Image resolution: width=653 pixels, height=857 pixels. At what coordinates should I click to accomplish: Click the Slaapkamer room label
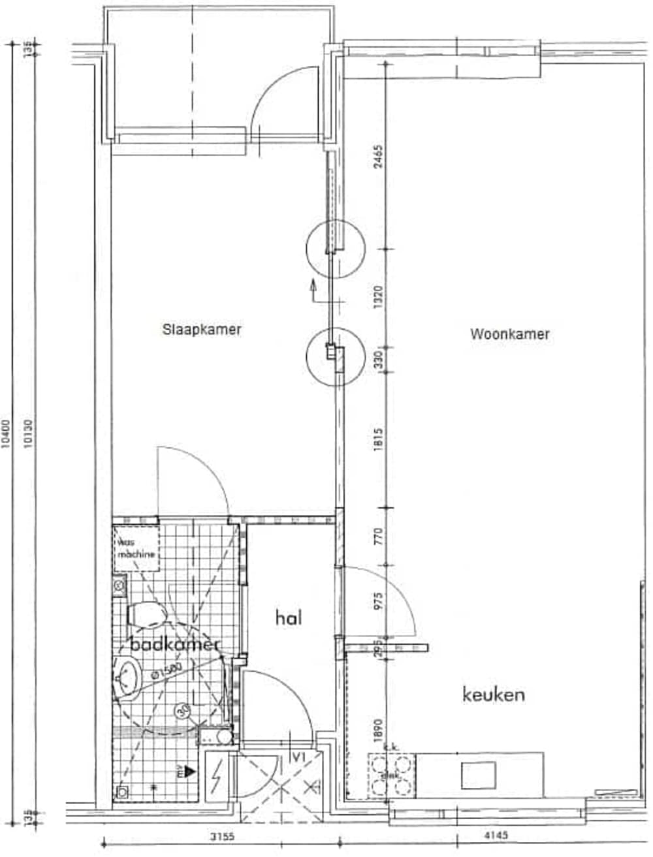coord(202,330)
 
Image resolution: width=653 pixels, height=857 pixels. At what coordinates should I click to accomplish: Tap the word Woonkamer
coord(509,334)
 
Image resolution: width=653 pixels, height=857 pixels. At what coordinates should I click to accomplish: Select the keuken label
coord(493,694)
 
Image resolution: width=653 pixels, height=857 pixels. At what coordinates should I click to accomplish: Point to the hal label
coord(289,617)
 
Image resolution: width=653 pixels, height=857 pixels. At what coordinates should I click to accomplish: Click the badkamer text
coord(175,645)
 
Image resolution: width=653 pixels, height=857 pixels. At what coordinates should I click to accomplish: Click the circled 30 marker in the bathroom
coord(183,711)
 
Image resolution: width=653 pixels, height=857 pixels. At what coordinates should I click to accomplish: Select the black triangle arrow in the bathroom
coord(189,771)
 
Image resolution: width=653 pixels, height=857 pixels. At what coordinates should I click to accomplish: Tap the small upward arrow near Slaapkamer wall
coord(313,285)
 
